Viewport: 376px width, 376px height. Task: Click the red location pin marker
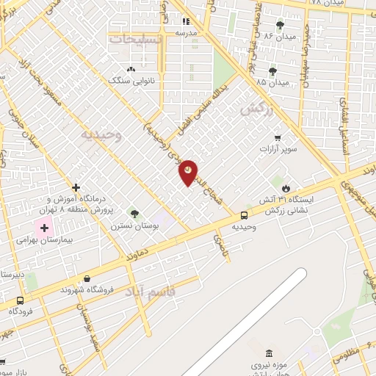pos(188,172)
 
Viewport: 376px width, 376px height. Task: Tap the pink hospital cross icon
pos(44,228)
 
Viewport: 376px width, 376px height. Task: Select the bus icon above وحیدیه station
pos(244,215)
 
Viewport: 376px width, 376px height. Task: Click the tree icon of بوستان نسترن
pos(134,214)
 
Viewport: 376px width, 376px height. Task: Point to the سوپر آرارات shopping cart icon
pos(277,137)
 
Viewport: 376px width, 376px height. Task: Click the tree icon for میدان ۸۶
pos(280,26)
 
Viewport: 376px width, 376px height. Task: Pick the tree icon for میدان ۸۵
pos(273,71)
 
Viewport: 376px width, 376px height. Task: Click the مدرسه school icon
pos(186,22)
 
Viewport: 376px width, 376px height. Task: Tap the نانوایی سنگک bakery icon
pos(131,68)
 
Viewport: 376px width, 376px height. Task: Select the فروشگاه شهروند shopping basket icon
pos(87,278)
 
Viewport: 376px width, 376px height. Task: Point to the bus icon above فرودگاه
pos(20,300)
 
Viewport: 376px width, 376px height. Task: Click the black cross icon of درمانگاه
pos(76,188)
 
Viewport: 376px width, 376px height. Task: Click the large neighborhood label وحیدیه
pos(99,134)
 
